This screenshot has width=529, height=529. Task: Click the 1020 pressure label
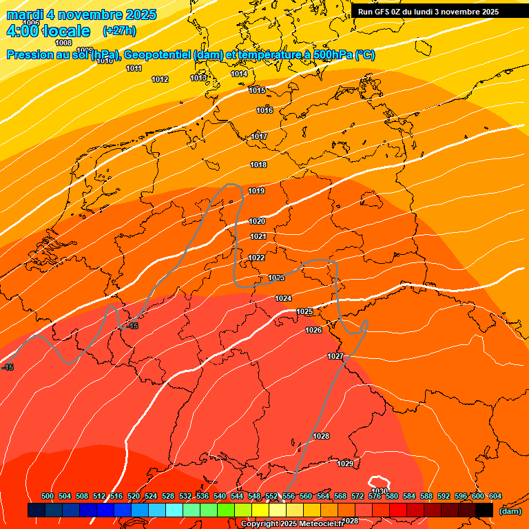point(257,221)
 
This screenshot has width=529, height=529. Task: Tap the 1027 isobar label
point(335,356)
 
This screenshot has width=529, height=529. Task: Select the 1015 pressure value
point(257,90)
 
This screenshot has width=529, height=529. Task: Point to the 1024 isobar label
point(283,298)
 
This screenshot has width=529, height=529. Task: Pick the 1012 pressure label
point(160,80)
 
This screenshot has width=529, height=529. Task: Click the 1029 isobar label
point(345,464)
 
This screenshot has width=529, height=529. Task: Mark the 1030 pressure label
point(380,491)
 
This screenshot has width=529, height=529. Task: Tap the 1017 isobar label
point(259,136)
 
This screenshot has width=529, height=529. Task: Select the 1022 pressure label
point(257,258)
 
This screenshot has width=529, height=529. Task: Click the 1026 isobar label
point(313,330)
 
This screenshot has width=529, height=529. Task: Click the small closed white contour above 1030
point(378,481)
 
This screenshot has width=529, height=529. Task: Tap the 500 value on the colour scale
point(48,497)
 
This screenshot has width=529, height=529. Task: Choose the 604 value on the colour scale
point(495,497)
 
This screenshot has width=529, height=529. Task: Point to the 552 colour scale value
point(271,497)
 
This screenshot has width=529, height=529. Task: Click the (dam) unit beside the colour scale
point(510,511)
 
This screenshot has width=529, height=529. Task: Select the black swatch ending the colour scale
point(484,510)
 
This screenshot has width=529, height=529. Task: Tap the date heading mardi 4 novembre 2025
point(81,14)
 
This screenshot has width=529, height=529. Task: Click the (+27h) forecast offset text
point(119,31)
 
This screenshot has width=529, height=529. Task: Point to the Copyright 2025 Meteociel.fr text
point(293,523)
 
